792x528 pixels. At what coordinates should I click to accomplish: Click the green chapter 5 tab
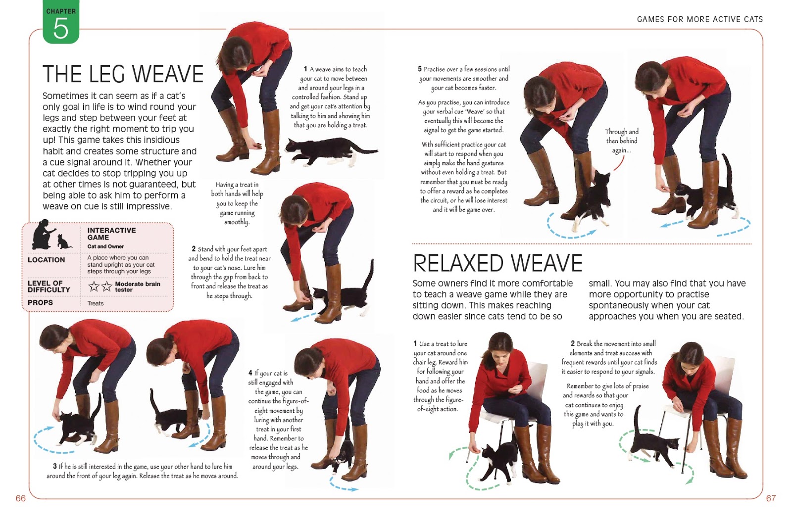click(x=61, y=22)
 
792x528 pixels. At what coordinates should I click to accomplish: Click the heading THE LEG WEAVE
click(x=123, y=74)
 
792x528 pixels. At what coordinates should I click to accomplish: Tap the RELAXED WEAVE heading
click(x=497, y=263)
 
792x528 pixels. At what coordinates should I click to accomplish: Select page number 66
click(x=21, y=498)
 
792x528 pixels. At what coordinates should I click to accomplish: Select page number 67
click(x=771, y=498)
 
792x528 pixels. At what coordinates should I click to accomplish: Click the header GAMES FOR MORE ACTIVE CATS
click(x=700, y=19)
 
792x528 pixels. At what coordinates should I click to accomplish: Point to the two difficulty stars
click(x=100, y=286)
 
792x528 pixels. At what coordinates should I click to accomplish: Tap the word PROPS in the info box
click(x=40, y=302)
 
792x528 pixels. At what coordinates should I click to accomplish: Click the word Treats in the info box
click(x=96, y=303)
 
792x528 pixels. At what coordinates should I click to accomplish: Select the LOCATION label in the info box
click(x=47, y=260)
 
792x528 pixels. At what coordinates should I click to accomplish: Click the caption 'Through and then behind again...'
click(x=622, y=141)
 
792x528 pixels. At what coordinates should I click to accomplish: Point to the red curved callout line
click(x=619, y=164)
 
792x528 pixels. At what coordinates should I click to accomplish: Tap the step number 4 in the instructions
click(x=250, y=373)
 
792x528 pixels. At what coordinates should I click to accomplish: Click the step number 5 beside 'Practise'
click(x=420, y=69)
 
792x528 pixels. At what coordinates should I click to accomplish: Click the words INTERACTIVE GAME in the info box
click(x=111, y=234)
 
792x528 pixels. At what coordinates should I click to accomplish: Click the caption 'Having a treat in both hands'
click(x=237, y=203)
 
